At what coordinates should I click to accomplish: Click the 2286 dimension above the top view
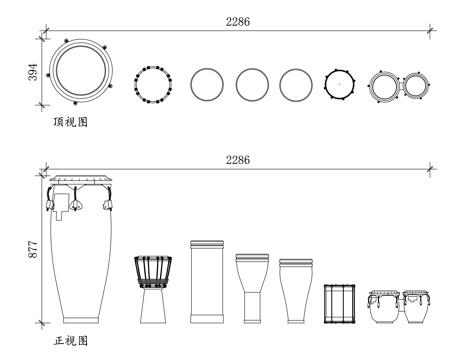[238, 22]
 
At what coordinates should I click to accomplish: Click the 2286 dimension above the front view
[238, 160]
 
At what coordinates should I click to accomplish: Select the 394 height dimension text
[33, 72]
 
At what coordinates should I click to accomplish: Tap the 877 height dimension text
[33, 249]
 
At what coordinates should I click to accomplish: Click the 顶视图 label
[71, 122]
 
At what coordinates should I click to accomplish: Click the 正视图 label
[71, 341]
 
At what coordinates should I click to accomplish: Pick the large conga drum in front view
[79, 249]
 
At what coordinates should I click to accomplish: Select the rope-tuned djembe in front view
[153, 289]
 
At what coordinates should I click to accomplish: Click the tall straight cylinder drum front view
[207, 282]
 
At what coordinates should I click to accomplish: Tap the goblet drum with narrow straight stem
[252, 289]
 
